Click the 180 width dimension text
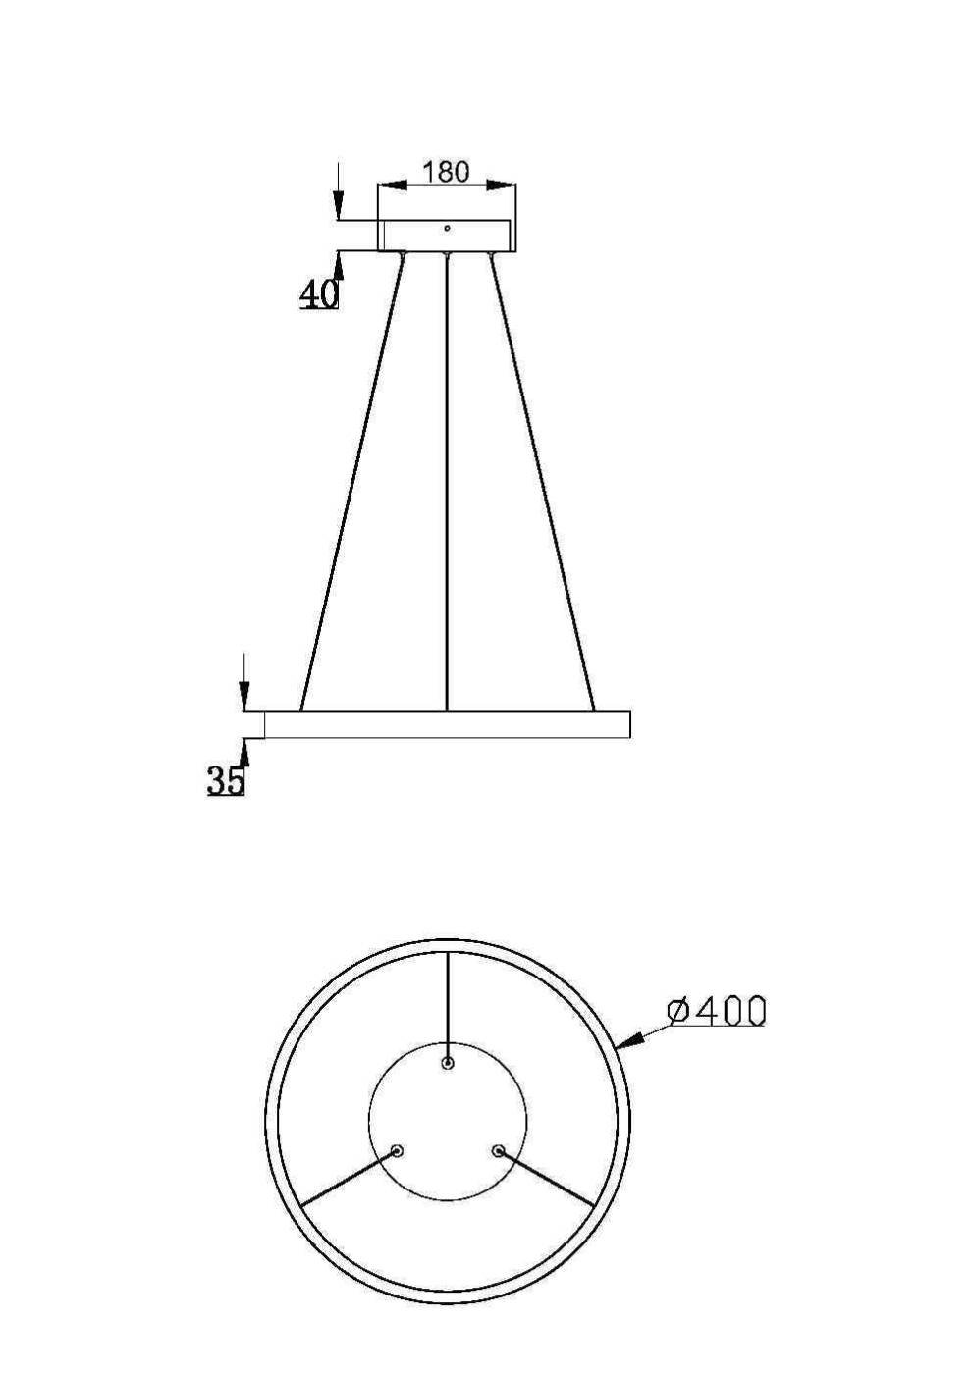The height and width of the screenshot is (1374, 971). pyautogui.click(x=446, y=172)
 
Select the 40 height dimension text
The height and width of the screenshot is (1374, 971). pyautogui.click(x=318, y=292)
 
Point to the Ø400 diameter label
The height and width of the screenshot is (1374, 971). pyautogui.click(x=716, y=1010)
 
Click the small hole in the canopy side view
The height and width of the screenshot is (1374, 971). pyautogui.click(x=447, y=228)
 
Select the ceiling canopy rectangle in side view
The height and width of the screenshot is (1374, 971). pyautogui.click(x=447, y=237)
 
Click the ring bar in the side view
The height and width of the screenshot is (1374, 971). pyautogui.click(x=447, y=724)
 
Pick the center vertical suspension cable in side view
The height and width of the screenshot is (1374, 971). pyautogui.click(x=447, y=481)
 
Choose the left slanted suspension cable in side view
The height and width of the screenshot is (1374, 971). pyautogui.click(x=351, y=481)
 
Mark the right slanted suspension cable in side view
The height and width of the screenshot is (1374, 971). pyautogui.click(x=542, y=481)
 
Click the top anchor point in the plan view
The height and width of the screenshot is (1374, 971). pyautogui.click(x=448, y=1063)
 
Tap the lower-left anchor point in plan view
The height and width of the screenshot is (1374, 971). pyautogui.click(x=397, y=1150)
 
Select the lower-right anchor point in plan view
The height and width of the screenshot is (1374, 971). pyautogui.click(x=498, y=1150)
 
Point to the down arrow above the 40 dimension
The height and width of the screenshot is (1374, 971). pyautogui.click(x=339, y=201)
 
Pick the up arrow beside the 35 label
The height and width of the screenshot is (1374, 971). pyautogui.click(x=244, y=752)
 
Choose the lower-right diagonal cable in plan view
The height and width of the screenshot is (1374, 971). pyautogui.click(x=547, y=1178)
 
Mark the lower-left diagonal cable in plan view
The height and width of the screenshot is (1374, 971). pyautogui.click(x=349, y=1178)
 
